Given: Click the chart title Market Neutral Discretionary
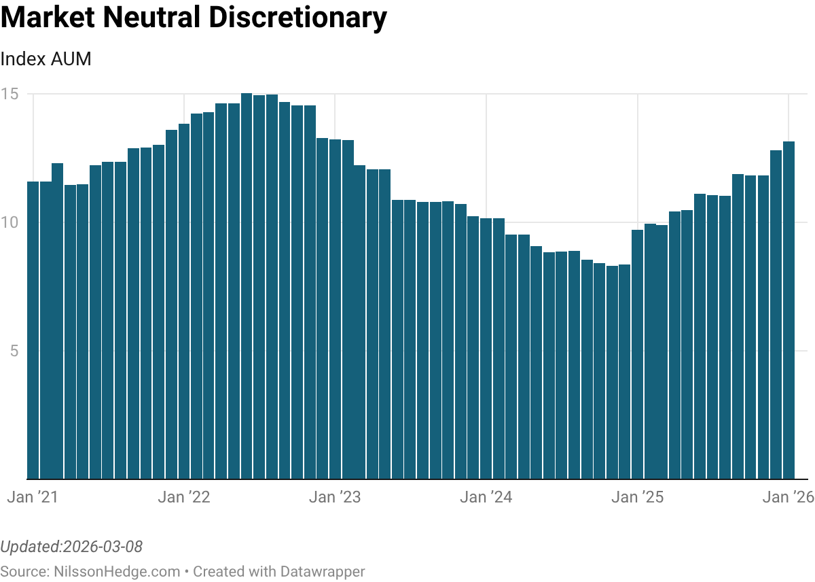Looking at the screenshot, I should [x=194, y=18].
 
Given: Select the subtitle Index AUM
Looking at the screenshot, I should [x=46, y=59].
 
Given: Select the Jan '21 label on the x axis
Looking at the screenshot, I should [x=33, y=497].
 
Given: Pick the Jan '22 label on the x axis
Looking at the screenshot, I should [x=183, y=497].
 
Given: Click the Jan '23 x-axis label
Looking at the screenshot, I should [x=335, y=497].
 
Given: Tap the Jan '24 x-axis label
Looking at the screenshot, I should [x=486, y=497].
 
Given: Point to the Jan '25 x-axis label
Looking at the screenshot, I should [x=637, y=497].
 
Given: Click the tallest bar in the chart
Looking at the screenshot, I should [x=247, y=286].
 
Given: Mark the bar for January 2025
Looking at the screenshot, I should [x=637, y=354].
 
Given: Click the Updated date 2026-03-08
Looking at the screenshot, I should [x=103, y=547].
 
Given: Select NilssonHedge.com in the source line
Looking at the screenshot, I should [x=117, y=572].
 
